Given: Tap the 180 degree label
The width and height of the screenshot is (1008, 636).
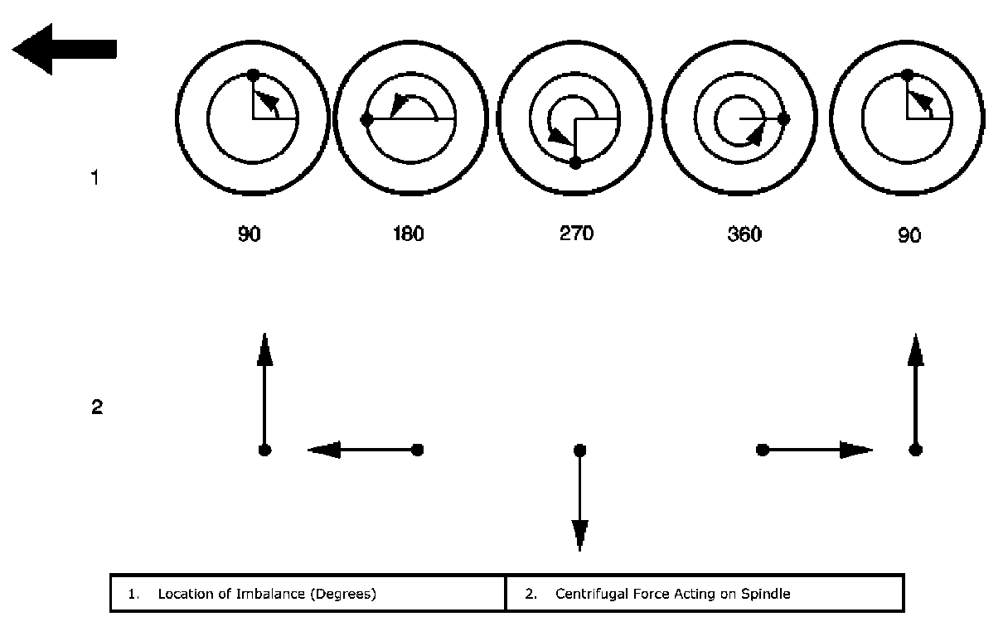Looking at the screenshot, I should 408,234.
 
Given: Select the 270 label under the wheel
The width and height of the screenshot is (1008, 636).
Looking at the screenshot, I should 576,234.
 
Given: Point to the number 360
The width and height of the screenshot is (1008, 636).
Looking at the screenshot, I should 744,234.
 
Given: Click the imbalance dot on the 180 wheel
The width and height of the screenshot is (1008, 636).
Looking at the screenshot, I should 366,120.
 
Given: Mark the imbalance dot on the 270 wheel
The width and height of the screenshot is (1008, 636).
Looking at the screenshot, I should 575,163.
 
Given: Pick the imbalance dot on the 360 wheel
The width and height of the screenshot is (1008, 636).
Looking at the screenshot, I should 784,119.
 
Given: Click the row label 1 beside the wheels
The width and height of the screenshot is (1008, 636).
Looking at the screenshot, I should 95,177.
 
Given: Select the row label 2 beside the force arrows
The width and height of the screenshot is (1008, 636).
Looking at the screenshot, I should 96,407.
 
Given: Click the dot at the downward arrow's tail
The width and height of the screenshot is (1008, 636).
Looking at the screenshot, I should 579,450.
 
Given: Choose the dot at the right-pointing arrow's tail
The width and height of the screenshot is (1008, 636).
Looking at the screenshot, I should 763,450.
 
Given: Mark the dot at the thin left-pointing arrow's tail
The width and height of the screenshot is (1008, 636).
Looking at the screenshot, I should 418,450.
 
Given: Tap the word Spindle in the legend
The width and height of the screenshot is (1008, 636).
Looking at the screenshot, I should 769,594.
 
